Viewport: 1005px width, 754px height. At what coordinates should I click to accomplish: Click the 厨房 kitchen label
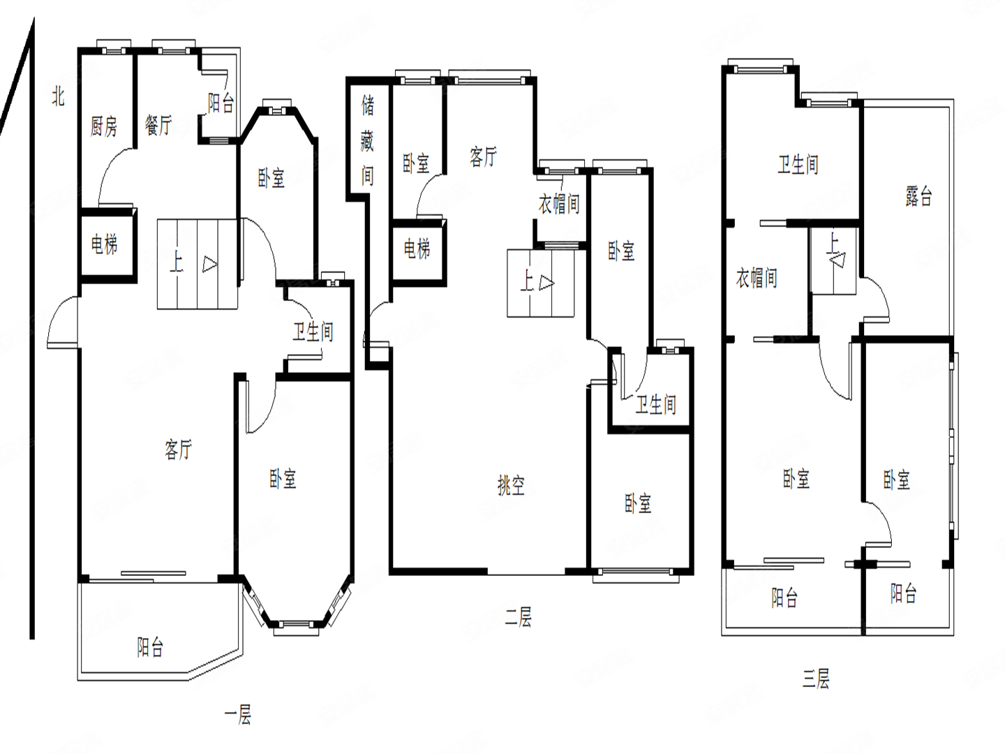pyautogui.click(x=103, y=126)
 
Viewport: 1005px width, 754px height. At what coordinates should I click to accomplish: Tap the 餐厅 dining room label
pyautogui.click(x=158, y=125)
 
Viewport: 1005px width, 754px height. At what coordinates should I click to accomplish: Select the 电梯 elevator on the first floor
pyautogui.click(x=105, y=244)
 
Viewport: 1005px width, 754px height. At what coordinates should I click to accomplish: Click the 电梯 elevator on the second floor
pyautogui.click(x=417, y=249)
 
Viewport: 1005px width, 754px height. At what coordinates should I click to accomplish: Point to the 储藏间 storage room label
pyautogui.click(x=368, y=140)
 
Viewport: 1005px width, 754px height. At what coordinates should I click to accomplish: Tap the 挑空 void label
pyautogui.click(x=511, y=485)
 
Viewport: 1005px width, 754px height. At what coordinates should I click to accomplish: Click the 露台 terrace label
pyautogui.click(x=918, y=196)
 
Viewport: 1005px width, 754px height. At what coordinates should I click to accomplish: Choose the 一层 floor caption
pyautogui.click(x=238, y=716)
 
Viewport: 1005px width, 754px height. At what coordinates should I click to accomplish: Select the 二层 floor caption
pyautogui.click(x=519, y=616)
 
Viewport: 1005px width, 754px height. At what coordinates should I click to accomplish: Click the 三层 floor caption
pyautogui.click(x=816, y=679)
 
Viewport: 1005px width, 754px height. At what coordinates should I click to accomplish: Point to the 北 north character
pyautogui.click(x=58, y=96)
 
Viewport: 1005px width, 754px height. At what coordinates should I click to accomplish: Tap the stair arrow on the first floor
pyautogui.click(x=209, y=264)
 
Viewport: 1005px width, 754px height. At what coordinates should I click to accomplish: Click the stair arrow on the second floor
pyautogui.click(x=546, y=283)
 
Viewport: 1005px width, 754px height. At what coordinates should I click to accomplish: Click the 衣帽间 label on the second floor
pyautogui.click(x=559, y=204)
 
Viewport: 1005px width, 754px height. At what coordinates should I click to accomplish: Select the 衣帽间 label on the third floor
pyautogui.click(x=757, y=278)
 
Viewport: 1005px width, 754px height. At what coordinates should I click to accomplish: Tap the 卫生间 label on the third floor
pyautogui.click(x=798, y=164)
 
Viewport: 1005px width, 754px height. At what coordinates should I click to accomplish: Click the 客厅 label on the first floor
pyautogui.click(x=179, y=449)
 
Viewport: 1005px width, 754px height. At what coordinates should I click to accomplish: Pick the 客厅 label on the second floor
pyautogui.click(x=484, y=156)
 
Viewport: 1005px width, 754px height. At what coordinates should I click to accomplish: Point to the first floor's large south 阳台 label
pyautogui.click(x=150, y=647)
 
